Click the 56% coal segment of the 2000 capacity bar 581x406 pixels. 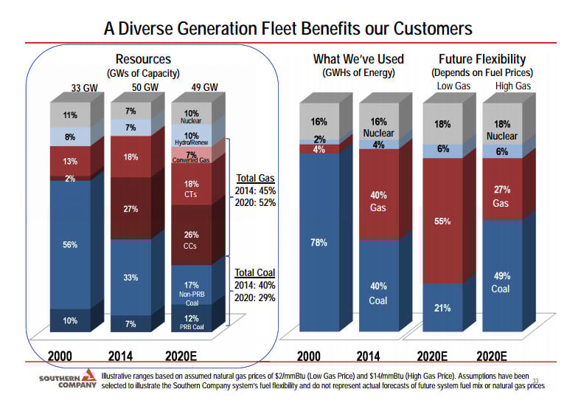click(x=70, y=244)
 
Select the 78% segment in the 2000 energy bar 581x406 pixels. click(x=319, y=242)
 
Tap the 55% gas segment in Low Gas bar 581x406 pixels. click(x=442, y=221)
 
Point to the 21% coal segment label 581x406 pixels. click(x=442, y=307)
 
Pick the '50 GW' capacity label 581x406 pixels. click(x=145, y=88)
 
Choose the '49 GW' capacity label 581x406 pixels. click(x=204, y=88)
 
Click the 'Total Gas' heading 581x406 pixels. click(x=256, y=178)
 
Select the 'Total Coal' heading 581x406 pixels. click(x=256, y=272)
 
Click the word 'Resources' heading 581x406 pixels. click(x=145, y=59)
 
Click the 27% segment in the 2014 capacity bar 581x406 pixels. click(x=131, y=209)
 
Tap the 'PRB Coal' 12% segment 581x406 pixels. click(x=191, y=322)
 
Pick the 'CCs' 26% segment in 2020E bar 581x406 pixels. click(x=191, y=239)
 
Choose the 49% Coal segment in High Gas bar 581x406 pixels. click(x=502, y=281)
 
